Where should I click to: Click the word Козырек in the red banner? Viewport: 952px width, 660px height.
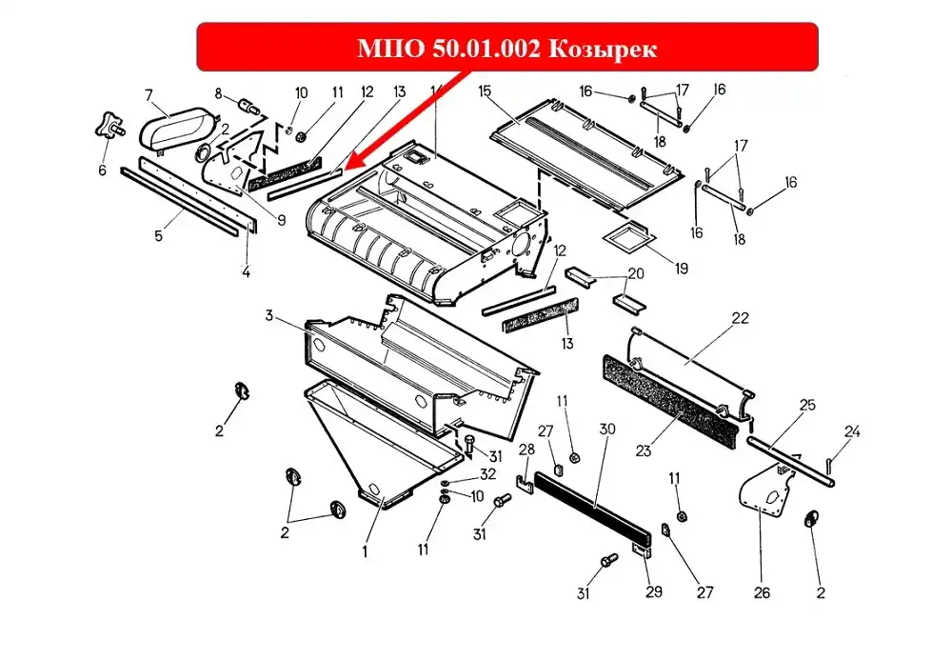[603, 48]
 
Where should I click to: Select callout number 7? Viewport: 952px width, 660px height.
[149, 94]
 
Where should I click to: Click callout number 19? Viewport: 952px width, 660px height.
[682, 268]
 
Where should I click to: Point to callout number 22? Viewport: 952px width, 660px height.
[740, 318]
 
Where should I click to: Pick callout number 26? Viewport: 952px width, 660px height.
[762, 592]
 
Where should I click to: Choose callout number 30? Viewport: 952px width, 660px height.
[607, 430]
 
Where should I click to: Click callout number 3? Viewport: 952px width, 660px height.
[269, 316]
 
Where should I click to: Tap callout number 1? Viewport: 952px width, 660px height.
[365, 552]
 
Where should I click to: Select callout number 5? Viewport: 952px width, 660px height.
[158, 235]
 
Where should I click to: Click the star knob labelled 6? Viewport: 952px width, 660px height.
[109, 126]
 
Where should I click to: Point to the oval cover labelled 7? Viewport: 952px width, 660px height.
[177, 129]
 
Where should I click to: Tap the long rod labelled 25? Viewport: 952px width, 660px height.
[791, 461]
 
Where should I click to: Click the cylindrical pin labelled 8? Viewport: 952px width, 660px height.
[248, 107]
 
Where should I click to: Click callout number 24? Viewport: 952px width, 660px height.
[852, 431]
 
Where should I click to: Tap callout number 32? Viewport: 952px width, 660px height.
[487, 473]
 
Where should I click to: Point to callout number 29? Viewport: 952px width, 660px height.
[653, 591]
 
